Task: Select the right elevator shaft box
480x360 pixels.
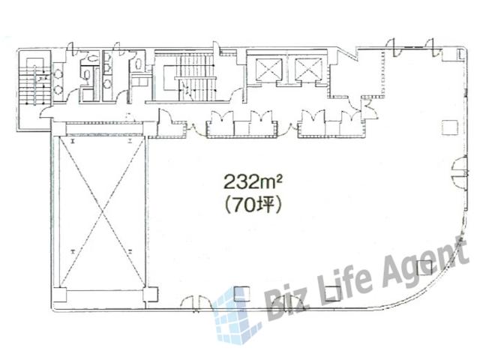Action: coord(308,69)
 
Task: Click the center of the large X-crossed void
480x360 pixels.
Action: coord(102,211)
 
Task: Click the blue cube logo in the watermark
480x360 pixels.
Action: coord(235,315)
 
